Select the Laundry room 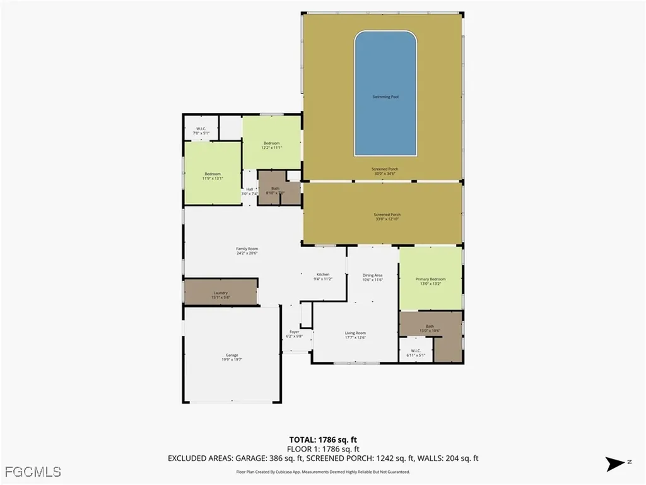click(220, 294)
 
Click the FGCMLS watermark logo click(32, 471)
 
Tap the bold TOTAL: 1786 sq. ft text click(327, 440)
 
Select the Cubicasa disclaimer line click(323, 472)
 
